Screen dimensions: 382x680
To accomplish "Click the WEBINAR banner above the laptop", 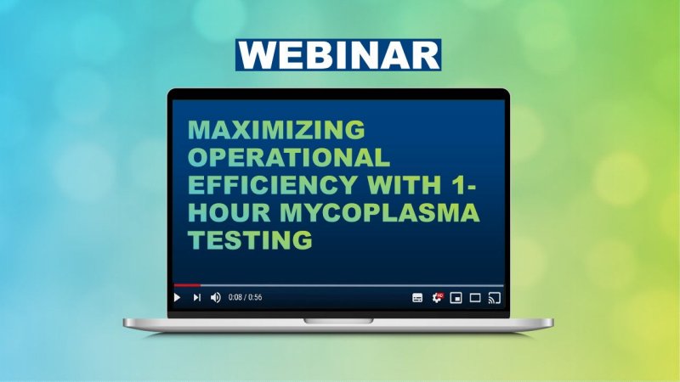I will click(x=338, y=54).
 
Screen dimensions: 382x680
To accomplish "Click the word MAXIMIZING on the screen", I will click(x=275, y=130).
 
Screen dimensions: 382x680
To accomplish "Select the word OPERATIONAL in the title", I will click(x=288, y=158).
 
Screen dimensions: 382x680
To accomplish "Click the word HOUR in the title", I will click(x=224, y=213).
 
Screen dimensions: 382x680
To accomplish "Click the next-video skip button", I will click(x=196, y=298).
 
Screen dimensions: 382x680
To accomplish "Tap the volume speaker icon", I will click(x=215, y=298).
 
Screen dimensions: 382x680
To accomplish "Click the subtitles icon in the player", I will click(x=417, y=298).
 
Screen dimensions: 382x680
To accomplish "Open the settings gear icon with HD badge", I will click(x=437, y=298).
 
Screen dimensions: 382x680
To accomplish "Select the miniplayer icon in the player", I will click(x=456, y=298).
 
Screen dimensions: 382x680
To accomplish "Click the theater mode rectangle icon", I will click(x=475, y=298).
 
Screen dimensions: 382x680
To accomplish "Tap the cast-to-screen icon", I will click(x=495, y=298).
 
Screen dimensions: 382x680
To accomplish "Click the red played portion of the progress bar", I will click(x=187, y=285).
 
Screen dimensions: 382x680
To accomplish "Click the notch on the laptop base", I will click(x=338, y=320).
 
